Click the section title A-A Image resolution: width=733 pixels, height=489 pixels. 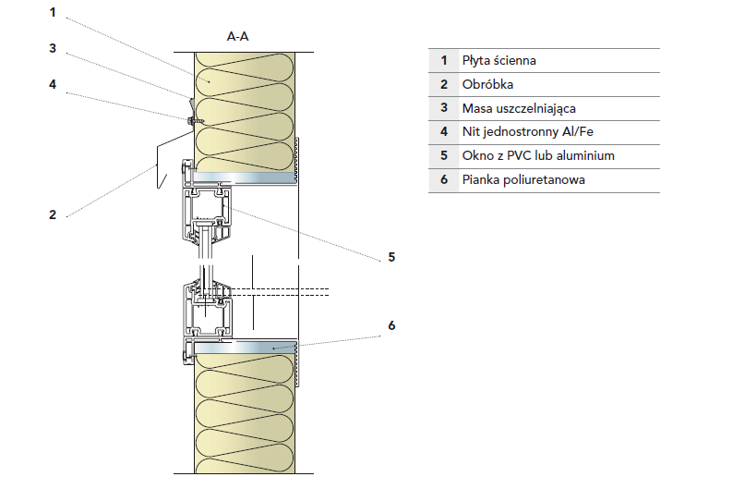tap(237, 37)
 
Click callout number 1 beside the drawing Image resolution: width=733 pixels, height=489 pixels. tap(53, 12)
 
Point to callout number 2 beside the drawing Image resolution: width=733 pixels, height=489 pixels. tap(53, 214)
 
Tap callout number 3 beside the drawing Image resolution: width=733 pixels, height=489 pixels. tap(53, 49)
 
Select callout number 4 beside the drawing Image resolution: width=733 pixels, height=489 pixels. tap(53, 84)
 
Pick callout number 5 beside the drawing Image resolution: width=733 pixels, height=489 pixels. tap(391, 257)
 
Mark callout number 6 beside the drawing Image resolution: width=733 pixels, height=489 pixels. tap(391, 325)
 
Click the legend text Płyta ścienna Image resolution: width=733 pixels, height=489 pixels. tap(499, 60)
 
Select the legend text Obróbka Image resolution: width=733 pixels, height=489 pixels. tap(487, 84)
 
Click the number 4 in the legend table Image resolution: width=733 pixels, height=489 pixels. tap(444, 132)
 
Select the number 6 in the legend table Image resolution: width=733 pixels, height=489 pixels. tap(444, 180)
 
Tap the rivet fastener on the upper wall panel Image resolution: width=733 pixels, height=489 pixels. tap(191, 120)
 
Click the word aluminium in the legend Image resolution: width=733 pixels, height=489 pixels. tap(587, 156)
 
